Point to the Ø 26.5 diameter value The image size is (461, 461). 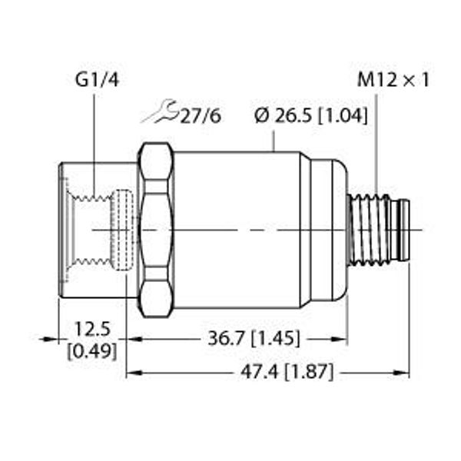[x=284, y=116]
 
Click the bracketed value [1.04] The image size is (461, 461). [x=343, y=116]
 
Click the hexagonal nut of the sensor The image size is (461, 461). [x=156, y=229]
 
